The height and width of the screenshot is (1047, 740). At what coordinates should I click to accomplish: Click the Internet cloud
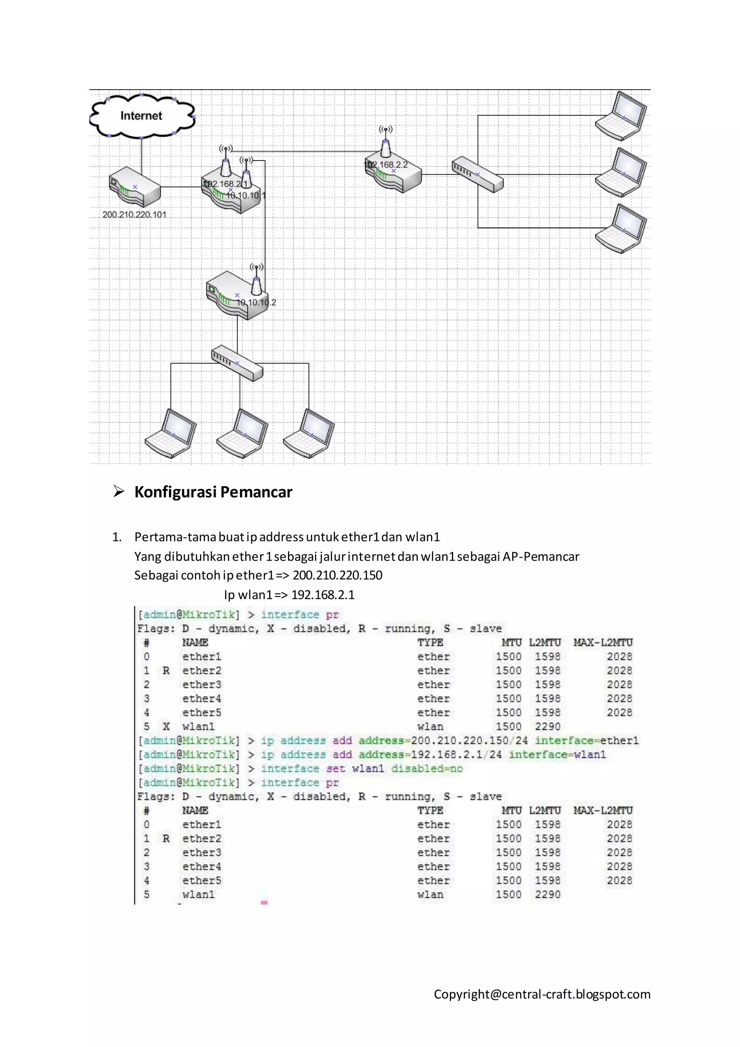142,116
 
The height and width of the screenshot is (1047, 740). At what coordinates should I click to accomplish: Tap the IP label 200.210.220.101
134,215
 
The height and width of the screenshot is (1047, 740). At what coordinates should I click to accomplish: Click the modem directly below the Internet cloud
135,187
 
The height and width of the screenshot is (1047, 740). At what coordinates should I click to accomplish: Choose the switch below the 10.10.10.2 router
237,363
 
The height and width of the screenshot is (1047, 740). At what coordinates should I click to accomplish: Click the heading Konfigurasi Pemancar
213,492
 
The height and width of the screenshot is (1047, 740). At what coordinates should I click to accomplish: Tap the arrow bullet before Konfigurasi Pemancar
119,492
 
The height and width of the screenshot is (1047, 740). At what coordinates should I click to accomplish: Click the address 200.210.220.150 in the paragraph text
337,576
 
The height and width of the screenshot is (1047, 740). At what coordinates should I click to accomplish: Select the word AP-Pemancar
541,556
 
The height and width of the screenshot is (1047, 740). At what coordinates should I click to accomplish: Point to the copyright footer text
542,994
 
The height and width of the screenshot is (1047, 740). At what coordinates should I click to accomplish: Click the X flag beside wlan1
166,726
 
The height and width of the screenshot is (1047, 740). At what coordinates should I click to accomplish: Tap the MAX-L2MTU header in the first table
603,642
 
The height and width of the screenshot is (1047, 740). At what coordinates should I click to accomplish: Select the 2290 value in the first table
547,726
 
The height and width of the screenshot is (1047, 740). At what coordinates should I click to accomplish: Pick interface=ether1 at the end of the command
586,740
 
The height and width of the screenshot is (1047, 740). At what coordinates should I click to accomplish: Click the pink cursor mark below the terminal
264,902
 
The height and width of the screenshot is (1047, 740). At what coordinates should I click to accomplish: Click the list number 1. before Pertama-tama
117,537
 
